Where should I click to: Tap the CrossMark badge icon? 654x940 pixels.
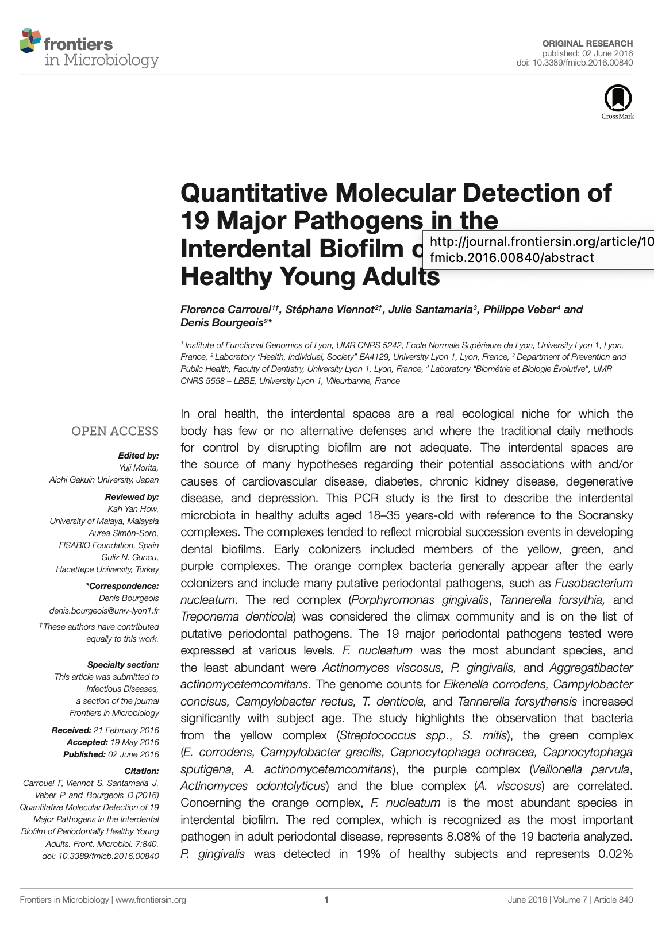coord(618,99)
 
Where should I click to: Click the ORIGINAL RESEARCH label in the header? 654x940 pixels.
coord(587,43)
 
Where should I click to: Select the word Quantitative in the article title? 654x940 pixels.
coord(255,193)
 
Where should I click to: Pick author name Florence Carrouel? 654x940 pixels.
coord(225,310)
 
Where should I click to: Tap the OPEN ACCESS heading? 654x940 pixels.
coord(114,431)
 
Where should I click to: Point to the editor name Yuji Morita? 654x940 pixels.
coord(139,467)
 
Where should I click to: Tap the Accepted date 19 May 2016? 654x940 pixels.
coord(134,742)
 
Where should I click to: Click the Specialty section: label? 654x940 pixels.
coord(123,665)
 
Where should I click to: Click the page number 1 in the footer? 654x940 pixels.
coord(326,900)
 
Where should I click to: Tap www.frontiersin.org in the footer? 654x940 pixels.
coord(151,900)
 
